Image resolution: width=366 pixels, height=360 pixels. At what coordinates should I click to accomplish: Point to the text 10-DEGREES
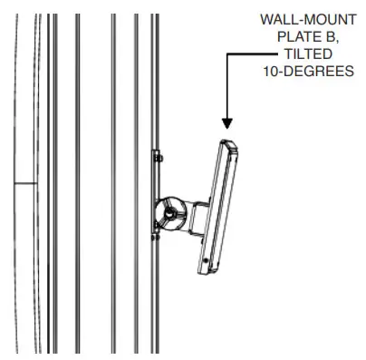click(x=310, y=71)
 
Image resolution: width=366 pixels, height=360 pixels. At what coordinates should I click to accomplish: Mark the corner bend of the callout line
click(x=227, y=54)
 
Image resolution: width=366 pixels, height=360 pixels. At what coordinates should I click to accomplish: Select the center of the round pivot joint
click(x=169, y=212)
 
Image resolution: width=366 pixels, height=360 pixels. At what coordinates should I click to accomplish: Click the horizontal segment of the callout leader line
click(x=249, y=54)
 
